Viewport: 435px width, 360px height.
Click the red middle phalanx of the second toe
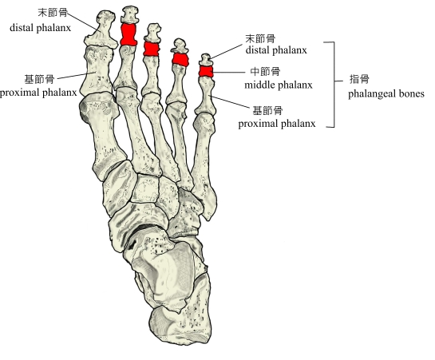129,34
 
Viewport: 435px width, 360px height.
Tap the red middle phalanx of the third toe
152,49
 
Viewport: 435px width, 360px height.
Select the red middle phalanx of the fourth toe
180,60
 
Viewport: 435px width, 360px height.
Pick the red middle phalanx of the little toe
206,71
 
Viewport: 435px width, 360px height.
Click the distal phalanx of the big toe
101,30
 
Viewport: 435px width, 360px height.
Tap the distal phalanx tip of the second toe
129,14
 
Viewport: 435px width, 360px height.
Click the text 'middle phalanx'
279,85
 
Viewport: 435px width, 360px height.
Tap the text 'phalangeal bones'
386,93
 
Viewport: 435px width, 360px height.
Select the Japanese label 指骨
359,79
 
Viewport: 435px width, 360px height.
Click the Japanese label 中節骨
265,71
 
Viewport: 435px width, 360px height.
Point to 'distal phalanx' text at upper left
40,28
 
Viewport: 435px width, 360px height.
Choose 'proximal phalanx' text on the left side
38,93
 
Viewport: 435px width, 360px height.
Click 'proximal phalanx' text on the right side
277,124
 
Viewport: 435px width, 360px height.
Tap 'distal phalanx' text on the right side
276,50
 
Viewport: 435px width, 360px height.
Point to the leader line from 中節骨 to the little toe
229,73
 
